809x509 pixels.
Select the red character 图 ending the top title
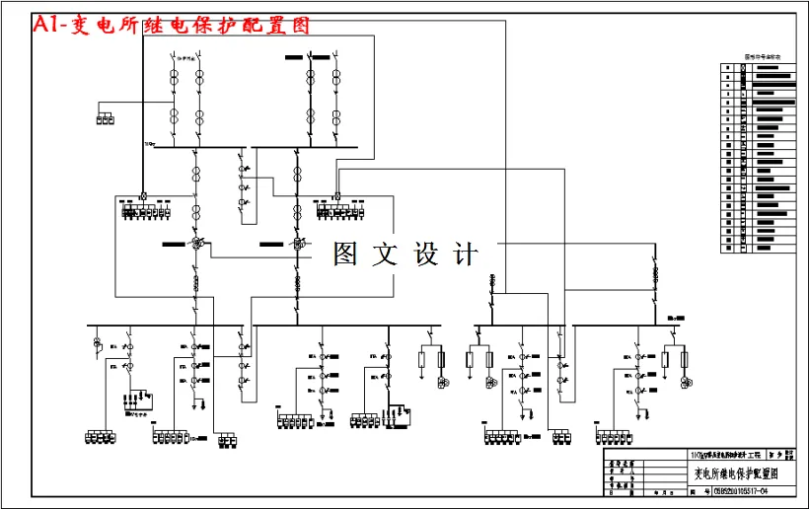coord(298,27)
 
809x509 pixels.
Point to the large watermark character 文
coord(388,254)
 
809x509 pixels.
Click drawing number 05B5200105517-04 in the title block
coord(731,490)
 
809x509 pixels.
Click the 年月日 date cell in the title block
coord(660,490)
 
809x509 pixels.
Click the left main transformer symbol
coord(196,243)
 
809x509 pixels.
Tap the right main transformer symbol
coord(296,243)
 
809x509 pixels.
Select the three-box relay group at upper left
coord(105,120)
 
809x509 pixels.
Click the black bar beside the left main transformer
coord(174,243)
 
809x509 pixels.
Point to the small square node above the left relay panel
coord(143,195)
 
